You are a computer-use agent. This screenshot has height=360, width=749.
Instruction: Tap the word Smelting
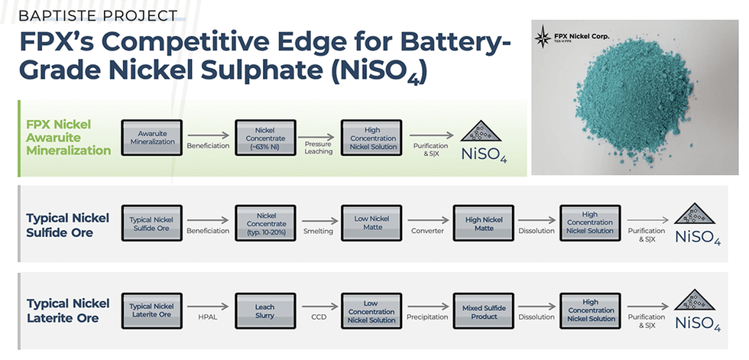point(318,231)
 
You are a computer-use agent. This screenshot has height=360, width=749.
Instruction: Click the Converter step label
point(427,231)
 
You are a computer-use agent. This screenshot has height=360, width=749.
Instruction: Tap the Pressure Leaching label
point(318,148)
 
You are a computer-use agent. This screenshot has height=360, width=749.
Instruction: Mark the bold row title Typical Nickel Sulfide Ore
point(68,225)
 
